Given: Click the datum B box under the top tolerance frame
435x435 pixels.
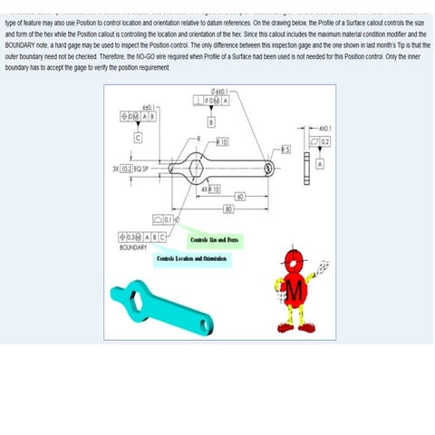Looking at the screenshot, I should (211, 121).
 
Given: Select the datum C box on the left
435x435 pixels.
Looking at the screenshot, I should (138, 138).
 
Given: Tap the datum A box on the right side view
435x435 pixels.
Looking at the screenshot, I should (320, 164).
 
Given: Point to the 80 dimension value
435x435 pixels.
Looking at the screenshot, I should (230, 209).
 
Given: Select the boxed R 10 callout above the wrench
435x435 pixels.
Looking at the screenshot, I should (221, 142).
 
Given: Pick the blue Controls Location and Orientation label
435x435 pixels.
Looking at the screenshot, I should (191, 259).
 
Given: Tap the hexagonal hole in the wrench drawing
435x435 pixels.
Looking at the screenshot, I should (199, 168).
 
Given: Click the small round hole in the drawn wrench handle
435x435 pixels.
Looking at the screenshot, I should (269, 168).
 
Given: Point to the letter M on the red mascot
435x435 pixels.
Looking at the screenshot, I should (295, 289).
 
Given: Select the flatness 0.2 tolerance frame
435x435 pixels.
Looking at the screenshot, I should (318, 142).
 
